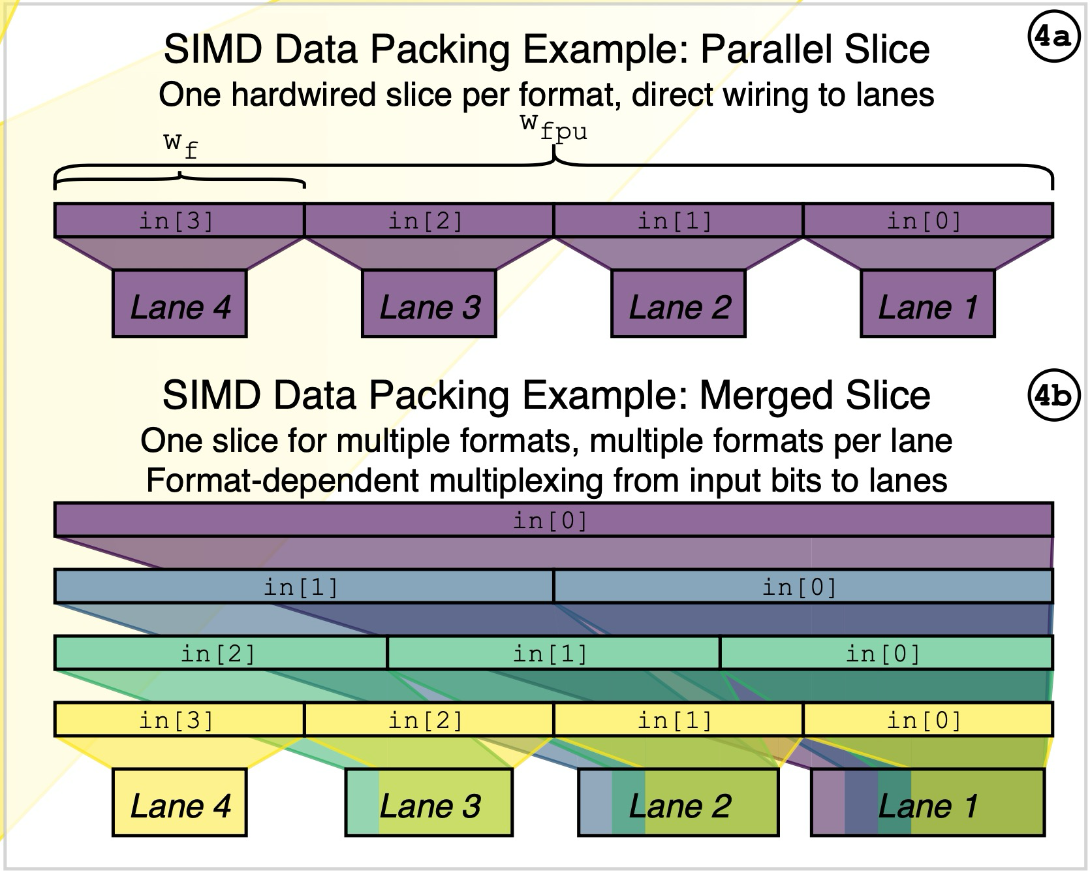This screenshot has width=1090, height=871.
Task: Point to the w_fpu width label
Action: (x=554, y=127)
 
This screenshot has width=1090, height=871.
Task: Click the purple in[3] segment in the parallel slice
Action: (x=179, y=221)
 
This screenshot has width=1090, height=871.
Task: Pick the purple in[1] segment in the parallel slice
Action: (x=678, y=221)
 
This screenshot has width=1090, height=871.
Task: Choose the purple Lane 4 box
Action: (x=179, y=304)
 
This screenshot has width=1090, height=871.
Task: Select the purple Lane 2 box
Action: (x=678, y=304)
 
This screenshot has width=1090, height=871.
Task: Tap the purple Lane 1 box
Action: (x=927, y=304)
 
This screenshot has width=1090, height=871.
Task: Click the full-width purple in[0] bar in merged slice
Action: (x=553, y=520)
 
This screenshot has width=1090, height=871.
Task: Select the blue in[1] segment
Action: (x=304, y=586)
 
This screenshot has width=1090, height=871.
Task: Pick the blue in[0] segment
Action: (x=803, y=586)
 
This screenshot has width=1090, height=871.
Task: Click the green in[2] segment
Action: (x=221, y=653)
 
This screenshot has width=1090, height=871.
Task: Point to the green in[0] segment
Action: (x=886, y=653)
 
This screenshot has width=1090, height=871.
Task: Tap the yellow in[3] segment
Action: (x=179, y=720)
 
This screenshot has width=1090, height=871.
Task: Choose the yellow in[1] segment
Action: (x=678, y=720)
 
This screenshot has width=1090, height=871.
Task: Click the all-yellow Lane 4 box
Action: (x=179, y=803)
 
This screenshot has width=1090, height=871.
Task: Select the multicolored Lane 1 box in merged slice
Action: (x=927, y=803)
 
